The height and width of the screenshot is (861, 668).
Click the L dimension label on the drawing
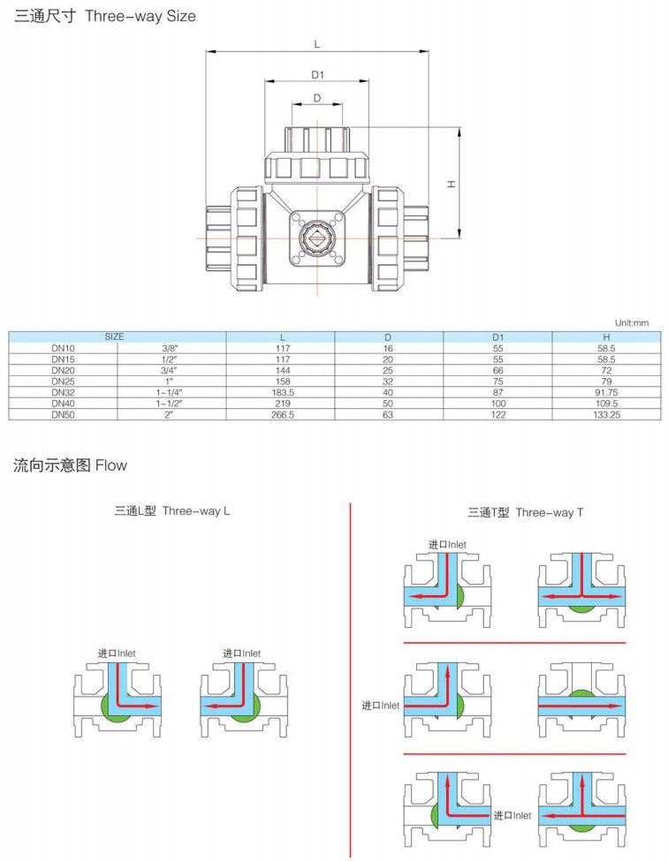point(317,43)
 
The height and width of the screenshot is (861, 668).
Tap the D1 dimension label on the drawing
point(317,74)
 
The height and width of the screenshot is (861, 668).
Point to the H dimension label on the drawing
point(451,184)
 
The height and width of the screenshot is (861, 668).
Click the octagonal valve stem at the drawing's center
point(316,237)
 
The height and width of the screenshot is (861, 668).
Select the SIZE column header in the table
point(115,337)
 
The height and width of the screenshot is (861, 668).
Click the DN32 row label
point(63,391)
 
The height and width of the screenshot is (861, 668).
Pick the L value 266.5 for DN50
point(282,413)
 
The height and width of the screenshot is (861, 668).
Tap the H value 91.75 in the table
point(607,391)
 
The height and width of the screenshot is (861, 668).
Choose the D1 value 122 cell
point(498,413)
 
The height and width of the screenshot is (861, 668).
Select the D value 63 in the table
point(388,413)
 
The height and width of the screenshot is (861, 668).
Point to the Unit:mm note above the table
point(631,323)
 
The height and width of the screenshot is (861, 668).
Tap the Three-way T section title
point(525,512)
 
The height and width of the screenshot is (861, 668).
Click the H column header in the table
point(607,337)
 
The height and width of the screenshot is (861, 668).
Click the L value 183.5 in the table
point(282,391)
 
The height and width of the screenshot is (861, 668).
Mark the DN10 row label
point(63,348)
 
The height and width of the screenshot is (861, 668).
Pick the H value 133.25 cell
point(607,413)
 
